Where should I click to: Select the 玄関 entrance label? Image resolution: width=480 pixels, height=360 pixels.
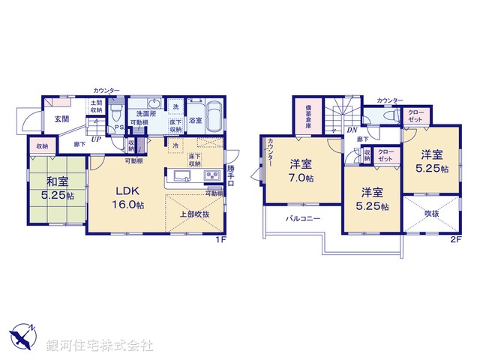61,118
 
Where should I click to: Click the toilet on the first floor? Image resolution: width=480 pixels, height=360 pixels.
115,115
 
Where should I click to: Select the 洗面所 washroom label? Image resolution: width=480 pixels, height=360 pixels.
145,113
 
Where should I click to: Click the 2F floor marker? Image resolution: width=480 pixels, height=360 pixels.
455,239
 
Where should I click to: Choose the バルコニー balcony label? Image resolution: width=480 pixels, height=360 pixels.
302,219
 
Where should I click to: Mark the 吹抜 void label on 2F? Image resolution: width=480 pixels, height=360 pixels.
433,213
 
